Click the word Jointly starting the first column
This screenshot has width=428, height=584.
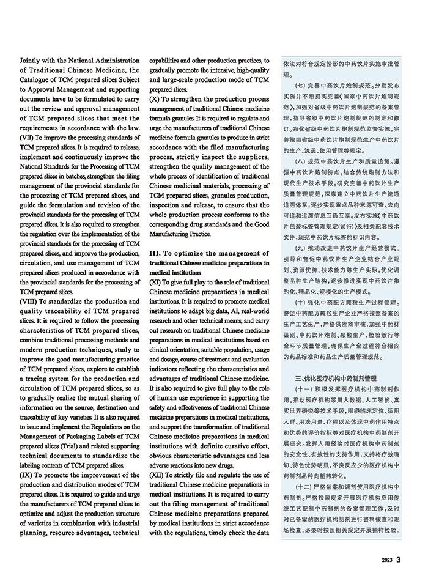pos(32,61)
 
